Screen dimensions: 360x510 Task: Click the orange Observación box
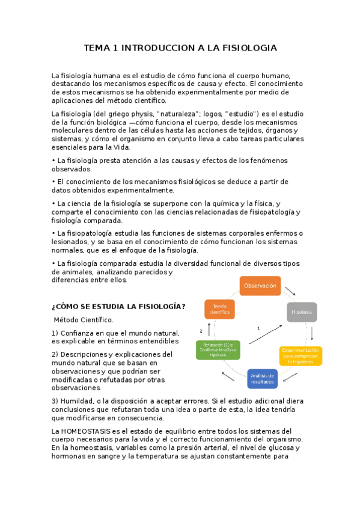261,286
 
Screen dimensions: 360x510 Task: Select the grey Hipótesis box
302,312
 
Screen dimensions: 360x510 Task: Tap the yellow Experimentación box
301,356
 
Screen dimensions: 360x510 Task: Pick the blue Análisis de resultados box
262,379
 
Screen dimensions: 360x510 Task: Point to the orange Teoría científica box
220,309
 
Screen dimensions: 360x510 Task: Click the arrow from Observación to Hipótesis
290,291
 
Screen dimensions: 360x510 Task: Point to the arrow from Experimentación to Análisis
290,378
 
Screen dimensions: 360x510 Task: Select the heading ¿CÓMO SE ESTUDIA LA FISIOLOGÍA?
119,307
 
